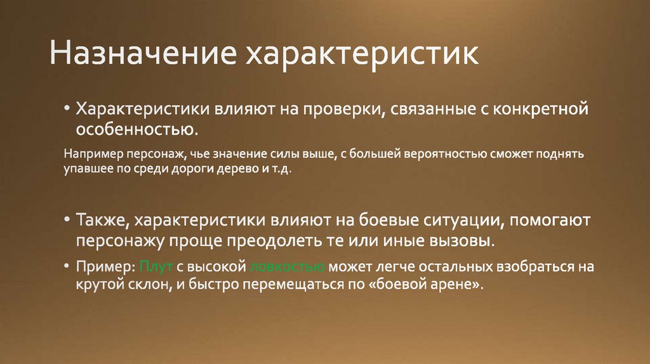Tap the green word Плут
(x=153, y=267)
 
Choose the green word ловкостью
(x=288, y=267)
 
